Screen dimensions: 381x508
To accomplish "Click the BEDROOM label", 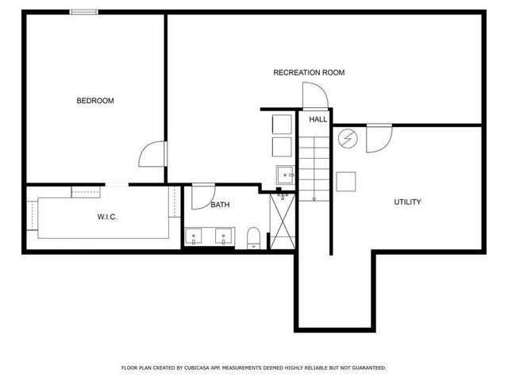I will coord(95,101).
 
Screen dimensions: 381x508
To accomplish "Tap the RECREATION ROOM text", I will coord(309,72).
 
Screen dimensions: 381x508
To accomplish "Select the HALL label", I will coord(317,119).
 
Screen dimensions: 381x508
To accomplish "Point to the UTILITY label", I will coord(407,202).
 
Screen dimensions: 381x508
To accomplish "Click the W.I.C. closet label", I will coord(107,217).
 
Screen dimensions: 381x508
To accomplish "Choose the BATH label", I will coord(220,205).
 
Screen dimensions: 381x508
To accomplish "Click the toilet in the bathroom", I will coord(253,237).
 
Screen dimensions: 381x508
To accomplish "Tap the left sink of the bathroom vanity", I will coord(196,236).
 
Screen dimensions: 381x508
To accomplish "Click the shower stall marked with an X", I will coord(283,221).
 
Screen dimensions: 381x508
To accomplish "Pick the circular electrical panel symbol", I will coord(347,139).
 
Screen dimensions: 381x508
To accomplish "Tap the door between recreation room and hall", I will coord(314,97).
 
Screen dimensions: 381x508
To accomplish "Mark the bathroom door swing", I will coord(203,195).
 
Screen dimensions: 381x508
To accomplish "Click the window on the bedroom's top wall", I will coord(84,12).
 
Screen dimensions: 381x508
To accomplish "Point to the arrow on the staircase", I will coord(314,196).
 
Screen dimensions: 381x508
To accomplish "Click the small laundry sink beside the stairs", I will coord(285,174).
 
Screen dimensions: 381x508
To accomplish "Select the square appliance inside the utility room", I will coord(347,181).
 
